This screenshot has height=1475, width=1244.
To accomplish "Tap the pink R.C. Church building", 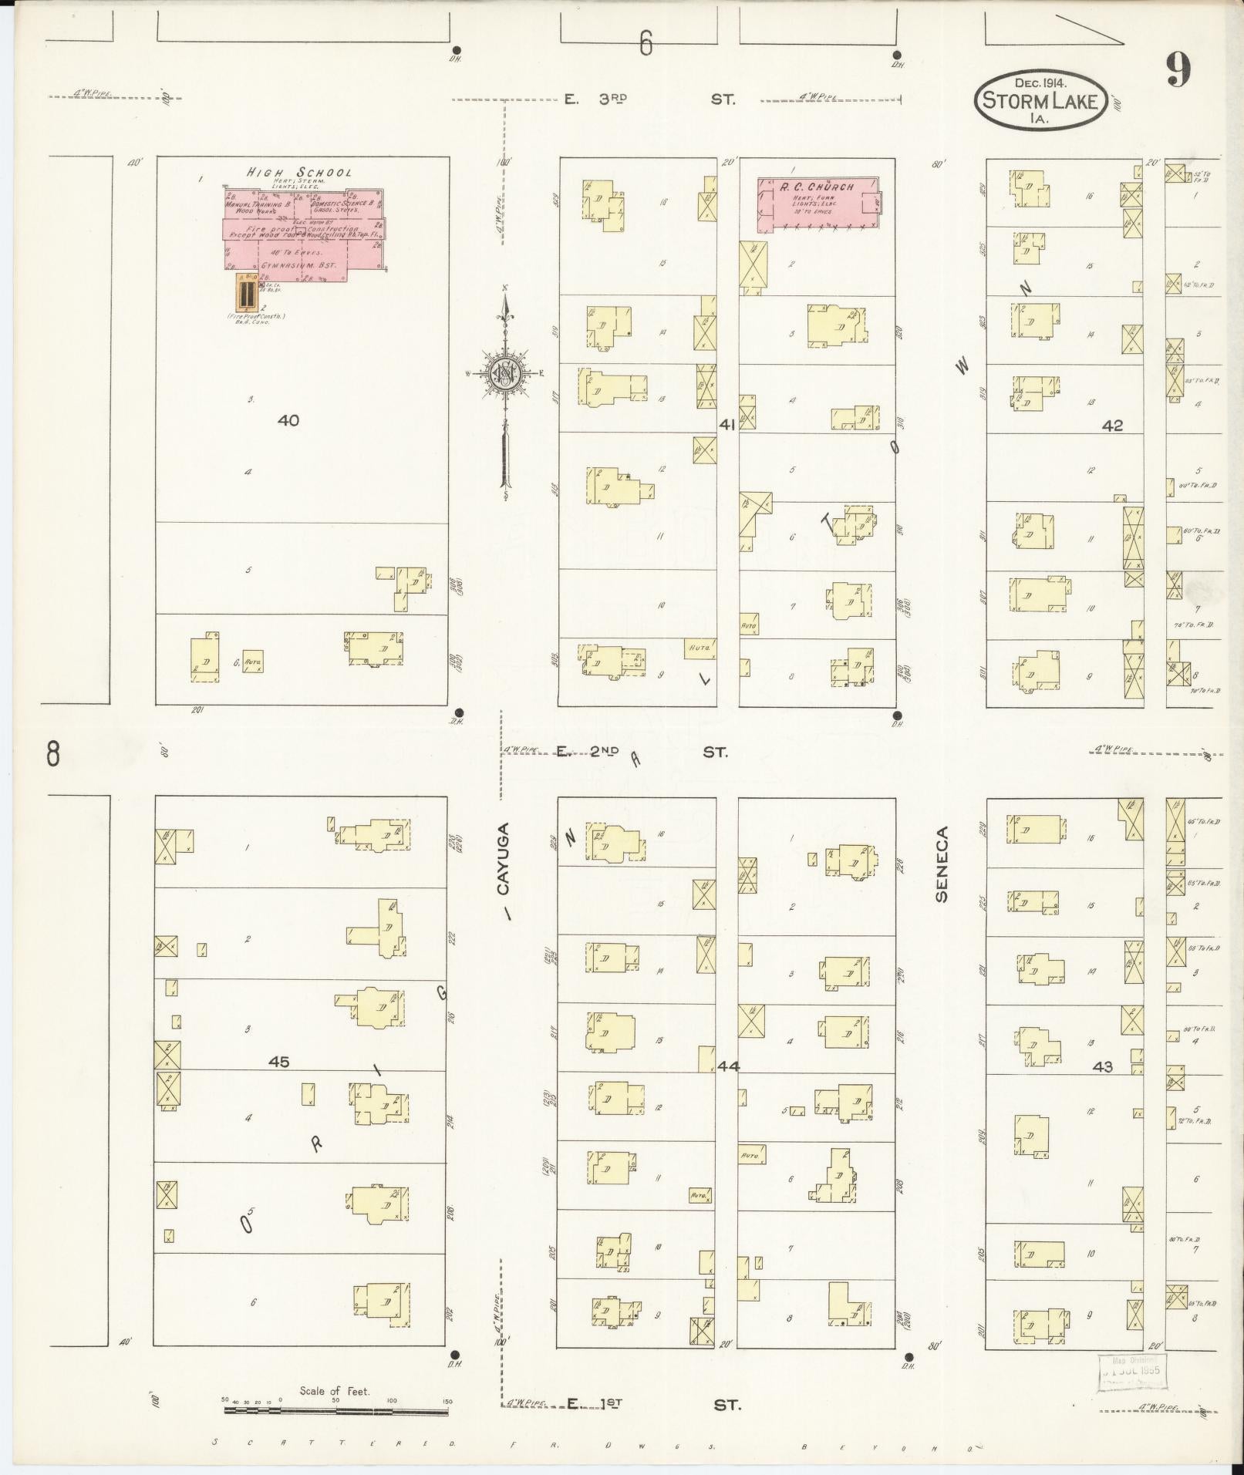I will pyautogui.click(x=818, y=204).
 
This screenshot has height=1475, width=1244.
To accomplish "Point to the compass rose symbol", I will pyautogui.click(x=506, y=374).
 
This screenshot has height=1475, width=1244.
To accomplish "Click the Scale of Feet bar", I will pyautogui.click(x=335, y=1411).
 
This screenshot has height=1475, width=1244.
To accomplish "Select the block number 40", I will pyautogui.click(x=288, y=421).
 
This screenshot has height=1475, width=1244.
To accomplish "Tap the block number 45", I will pyautogui.click(x=278, y=1062).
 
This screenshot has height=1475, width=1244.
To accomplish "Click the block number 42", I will pyautogui.click(x=1112, y=425).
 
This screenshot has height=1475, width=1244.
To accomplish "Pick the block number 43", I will pyautogui.click(x=1103, y=1067).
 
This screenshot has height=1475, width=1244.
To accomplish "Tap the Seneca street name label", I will pyautogui.click(x=941, y=864).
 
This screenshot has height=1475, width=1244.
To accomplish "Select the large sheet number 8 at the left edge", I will pyautogui.click(x=52, y=753).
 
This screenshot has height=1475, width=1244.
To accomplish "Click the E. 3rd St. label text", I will pyautogui.click(x=648, y=99).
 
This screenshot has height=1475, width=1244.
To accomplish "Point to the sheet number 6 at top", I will pyautogui.click(x=646, y=45).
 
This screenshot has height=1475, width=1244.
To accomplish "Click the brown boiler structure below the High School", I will pyautogui.click(x=246, y=293).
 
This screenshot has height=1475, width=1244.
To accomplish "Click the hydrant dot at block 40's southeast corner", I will pyautogui.click(x=460, y=712).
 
